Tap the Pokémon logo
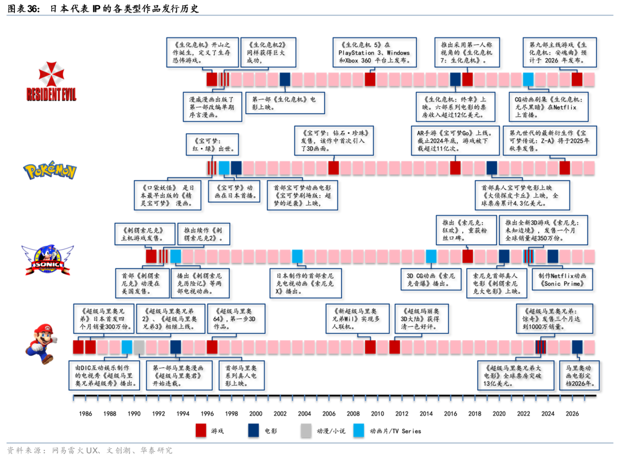pyautogui.click(x=50, y=170)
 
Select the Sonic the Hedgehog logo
pyautogui.click(x=48, y=259)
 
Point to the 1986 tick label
pyautogui.click(x=85, y=413)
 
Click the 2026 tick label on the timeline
pyautogui.click(x=572, y=413)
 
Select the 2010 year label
pyautogui.click(x=377, y=413)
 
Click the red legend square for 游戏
pyautogui.click(x=201, y=430)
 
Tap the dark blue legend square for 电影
pyautogui.click(x=254, y=430)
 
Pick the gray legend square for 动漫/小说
pyautogui.click(x=307, y=430)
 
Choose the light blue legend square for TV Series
pyautogui.click(x=359, y=430)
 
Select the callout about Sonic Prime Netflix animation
pyautogui.click(x=561, y=280)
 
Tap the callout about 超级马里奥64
pyautogui.click(x=236, y=319)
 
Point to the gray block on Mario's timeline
pyautogui.click(x=139, y=347)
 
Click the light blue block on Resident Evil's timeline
pyautogui.click(x=528, y=79)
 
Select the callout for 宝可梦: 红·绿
pyautogui.click(x=211, y=144)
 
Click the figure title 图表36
pyautogui.click(x=103, y=9)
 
